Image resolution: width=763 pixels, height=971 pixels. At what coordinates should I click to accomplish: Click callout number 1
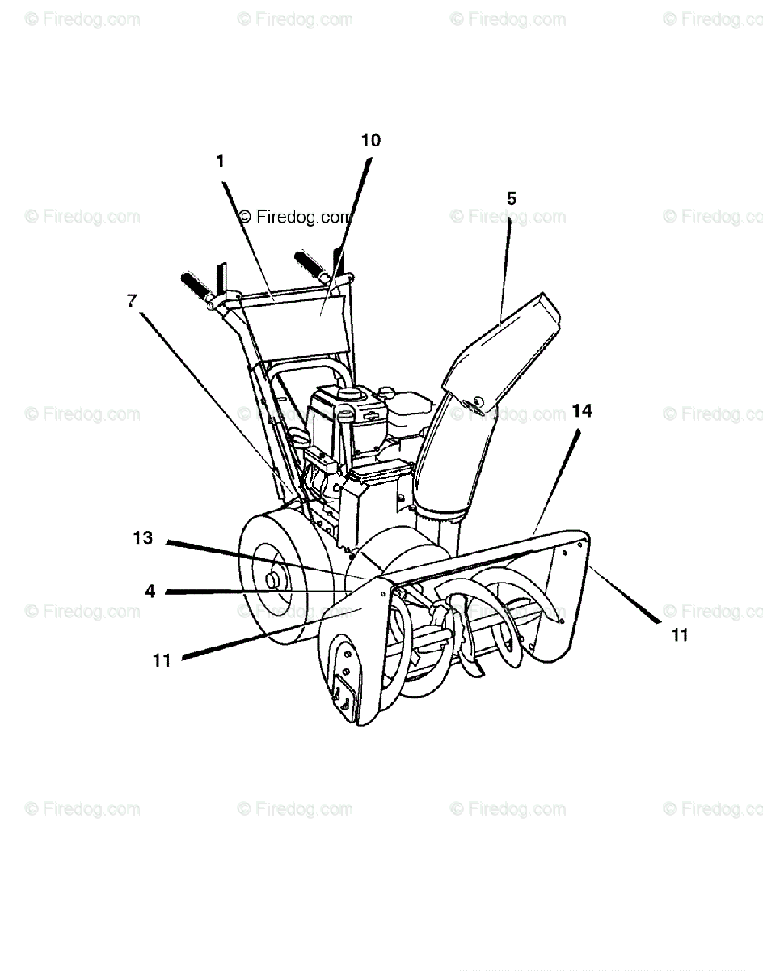click(x=220, y=161)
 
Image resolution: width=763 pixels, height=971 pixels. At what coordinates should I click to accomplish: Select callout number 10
click(x=370, y=140)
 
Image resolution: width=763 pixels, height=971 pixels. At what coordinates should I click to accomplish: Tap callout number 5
click(x=511, y=198)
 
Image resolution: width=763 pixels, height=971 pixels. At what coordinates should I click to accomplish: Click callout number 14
click(x=582, y=411)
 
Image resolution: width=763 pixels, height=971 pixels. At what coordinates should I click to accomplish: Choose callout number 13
click(x=143, y=537)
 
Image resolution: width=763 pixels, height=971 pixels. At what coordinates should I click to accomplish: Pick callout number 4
click(x=150, y=592)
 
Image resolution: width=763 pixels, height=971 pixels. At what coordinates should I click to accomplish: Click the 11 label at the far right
click(x=680, y=635)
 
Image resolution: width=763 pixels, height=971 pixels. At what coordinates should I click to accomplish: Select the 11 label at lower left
click(x=162, y=660)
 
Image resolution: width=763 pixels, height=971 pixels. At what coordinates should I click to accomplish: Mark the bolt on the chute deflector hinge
click(x=479, y=401)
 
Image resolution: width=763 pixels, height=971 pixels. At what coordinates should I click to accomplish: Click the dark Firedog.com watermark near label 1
click(x=296, y=217)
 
